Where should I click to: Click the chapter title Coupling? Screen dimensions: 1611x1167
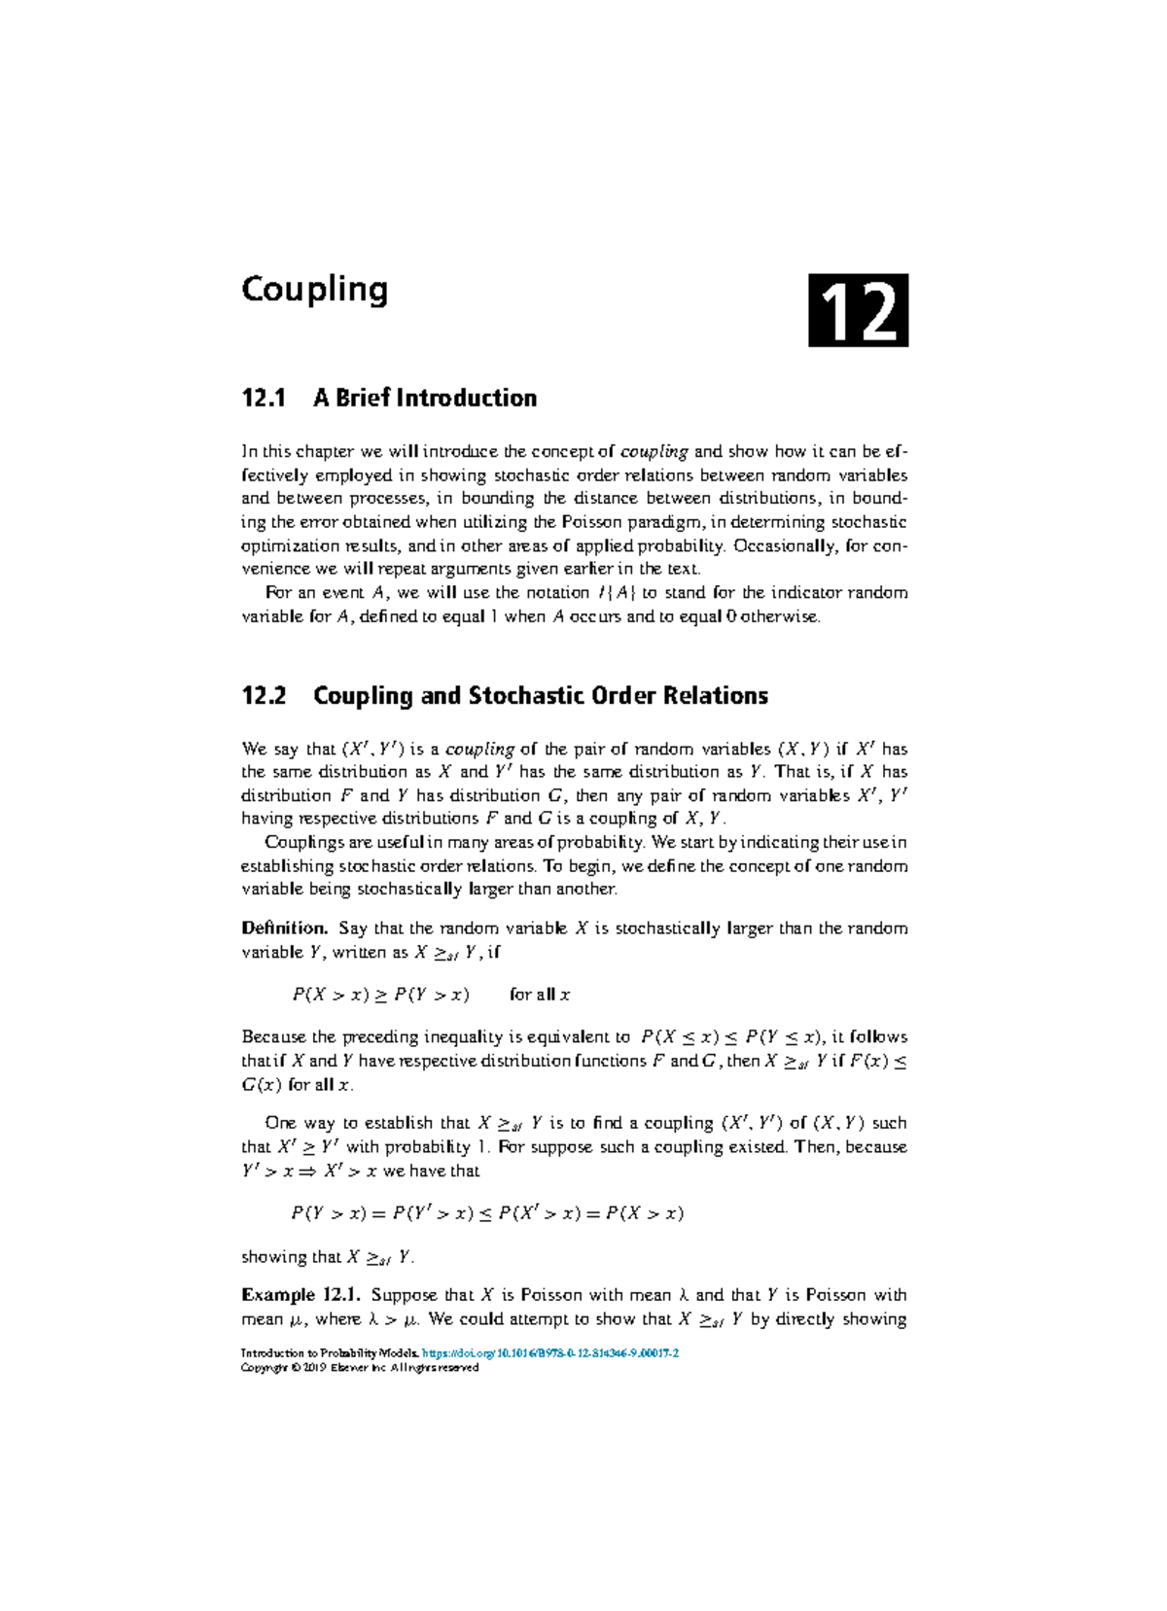pos(314,290)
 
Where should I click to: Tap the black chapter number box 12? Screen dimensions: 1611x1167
pos(858,311)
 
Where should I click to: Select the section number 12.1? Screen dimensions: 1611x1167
pos(264,398)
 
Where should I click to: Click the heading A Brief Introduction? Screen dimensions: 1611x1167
pos(425,398)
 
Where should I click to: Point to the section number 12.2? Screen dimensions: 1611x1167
pos(264,696)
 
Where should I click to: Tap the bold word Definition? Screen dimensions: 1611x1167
pos(284,928)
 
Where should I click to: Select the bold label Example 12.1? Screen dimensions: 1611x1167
pos(301,1295)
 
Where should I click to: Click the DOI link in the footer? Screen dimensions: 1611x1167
pos(550,1352)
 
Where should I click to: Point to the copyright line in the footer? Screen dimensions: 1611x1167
pos(360,1367)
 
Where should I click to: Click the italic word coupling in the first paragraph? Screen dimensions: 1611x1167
pos(654,451)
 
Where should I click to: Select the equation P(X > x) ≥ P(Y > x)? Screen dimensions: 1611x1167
pos(380,995)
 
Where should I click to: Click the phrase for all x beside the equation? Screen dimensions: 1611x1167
pos(540,995)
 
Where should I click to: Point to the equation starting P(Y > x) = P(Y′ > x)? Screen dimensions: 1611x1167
pos(487,1213)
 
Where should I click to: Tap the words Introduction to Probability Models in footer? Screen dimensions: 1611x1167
pos(330,1352)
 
